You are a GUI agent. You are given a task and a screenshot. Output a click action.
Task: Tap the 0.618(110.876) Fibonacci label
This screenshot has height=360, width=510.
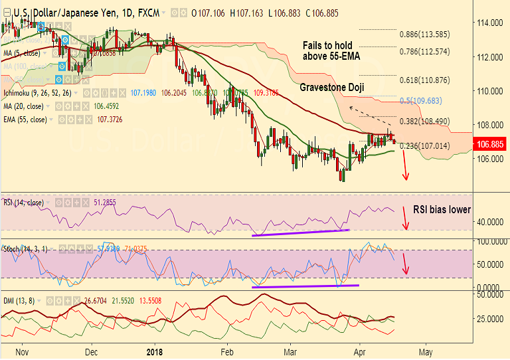click(424, 80)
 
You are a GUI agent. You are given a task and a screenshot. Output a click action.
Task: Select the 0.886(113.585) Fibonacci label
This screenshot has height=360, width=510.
click(424, 34)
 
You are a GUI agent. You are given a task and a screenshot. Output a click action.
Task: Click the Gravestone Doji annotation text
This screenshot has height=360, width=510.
click(332, 88)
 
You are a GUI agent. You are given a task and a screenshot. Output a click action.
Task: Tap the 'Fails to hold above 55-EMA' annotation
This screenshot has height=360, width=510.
click(331, 50)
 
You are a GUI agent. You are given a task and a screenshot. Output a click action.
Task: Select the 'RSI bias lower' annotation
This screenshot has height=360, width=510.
click(442, 209)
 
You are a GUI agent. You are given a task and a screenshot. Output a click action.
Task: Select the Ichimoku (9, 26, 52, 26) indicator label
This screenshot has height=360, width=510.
click(36, 93)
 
